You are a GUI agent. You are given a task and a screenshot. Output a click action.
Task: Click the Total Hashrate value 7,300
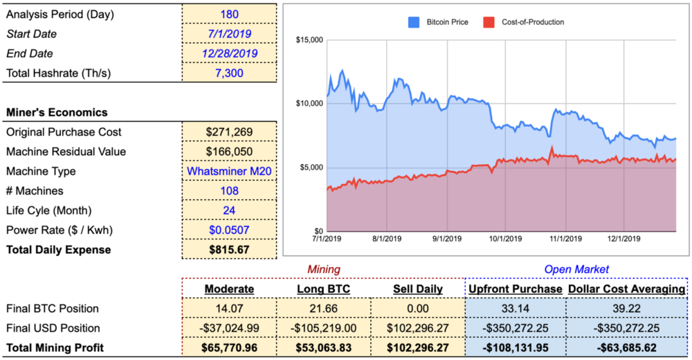(x=229, y=73)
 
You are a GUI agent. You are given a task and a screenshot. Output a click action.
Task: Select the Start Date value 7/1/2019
(x=229, y=34)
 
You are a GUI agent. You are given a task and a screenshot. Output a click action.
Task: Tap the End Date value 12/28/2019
(x=229, y=53)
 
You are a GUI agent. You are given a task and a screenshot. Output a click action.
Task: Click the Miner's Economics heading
(x=56, y=112)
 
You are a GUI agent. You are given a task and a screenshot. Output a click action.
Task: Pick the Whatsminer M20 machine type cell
(x=229, y=171)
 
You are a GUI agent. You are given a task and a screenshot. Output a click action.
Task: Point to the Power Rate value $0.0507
(x=229, y=210)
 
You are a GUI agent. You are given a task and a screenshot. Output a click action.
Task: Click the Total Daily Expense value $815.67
(x=229, y=249)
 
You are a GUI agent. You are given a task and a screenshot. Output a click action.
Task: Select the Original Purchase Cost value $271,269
(x=229, y=132)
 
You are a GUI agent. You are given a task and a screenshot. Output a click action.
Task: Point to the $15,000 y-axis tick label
(x=309, y=40)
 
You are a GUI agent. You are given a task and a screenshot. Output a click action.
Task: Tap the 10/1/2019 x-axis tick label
(x=506, y=239)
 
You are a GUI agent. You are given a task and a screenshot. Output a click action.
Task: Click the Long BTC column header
(x=323, y=289)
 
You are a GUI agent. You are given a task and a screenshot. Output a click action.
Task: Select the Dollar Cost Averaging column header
(x=627, y=289)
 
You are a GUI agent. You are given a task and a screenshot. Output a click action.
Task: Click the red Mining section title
(x=323, y=269)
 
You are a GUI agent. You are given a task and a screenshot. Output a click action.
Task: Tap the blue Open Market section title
(x=576, y=269)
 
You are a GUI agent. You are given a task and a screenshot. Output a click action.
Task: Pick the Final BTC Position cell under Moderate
(x=229, y=309)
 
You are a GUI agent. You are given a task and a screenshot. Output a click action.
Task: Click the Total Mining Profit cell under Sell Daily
(x=417, y=347)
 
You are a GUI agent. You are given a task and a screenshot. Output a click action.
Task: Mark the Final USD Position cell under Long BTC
(x=323, y=328)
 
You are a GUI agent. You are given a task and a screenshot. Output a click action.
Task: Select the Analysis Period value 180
(x=229, y=14)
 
